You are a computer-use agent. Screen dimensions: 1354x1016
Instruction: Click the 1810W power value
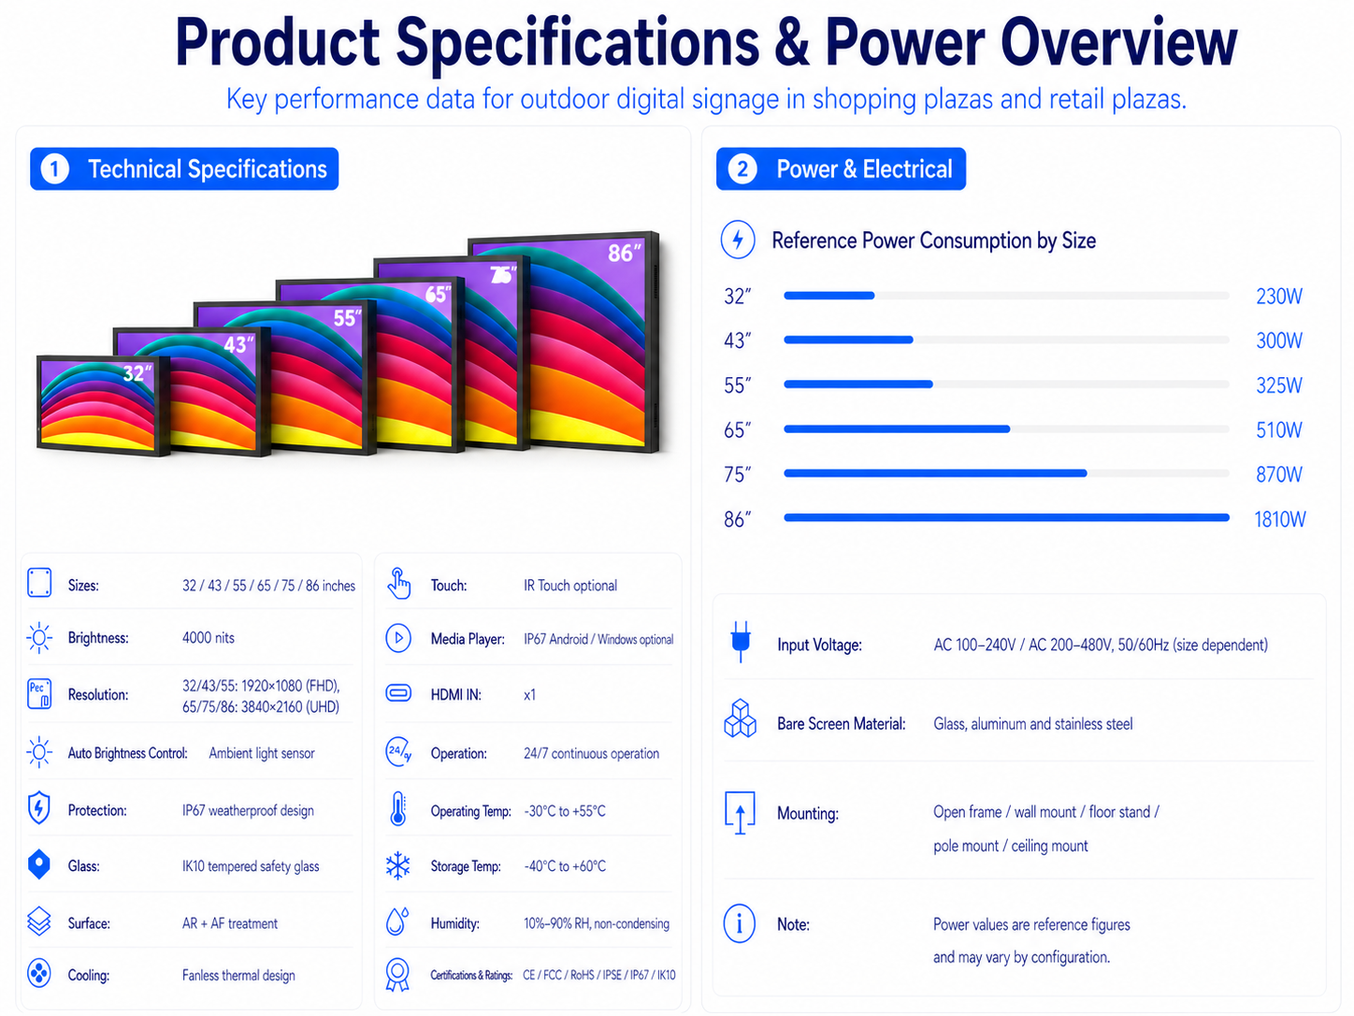1279,519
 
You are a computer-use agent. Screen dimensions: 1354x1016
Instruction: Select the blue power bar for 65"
897,428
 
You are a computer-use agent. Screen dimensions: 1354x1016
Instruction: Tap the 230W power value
1279,297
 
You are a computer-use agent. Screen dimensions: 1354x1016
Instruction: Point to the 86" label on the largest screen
624,253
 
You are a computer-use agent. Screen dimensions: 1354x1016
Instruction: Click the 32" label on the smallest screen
137,373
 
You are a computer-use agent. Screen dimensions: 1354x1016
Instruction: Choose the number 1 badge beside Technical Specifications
55,169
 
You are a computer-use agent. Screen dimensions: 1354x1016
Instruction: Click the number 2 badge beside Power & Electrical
742,169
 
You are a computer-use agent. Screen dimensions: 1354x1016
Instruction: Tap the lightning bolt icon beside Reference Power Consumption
738,239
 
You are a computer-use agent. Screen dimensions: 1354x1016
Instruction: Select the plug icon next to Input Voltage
741,642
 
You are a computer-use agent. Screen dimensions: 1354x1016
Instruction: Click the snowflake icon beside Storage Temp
397,865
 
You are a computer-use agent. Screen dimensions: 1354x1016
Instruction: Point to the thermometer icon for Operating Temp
397,808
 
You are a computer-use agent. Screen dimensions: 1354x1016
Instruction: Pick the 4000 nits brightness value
208,637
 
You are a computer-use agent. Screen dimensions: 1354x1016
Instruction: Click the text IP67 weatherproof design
248,810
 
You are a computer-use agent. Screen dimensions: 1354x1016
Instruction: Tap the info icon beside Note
739,923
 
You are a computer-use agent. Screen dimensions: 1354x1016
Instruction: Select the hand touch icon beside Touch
398,584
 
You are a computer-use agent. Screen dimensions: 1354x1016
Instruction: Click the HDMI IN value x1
529,694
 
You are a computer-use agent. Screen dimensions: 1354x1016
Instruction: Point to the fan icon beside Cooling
39,974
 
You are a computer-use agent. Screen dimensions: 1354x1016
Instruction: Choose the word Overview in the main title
1118,42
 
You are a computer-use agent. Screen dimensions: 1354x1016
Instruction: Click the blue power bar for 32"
828,296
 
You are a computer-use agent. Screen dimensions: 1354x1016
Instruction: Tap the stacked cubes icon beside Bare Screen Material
740,718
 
